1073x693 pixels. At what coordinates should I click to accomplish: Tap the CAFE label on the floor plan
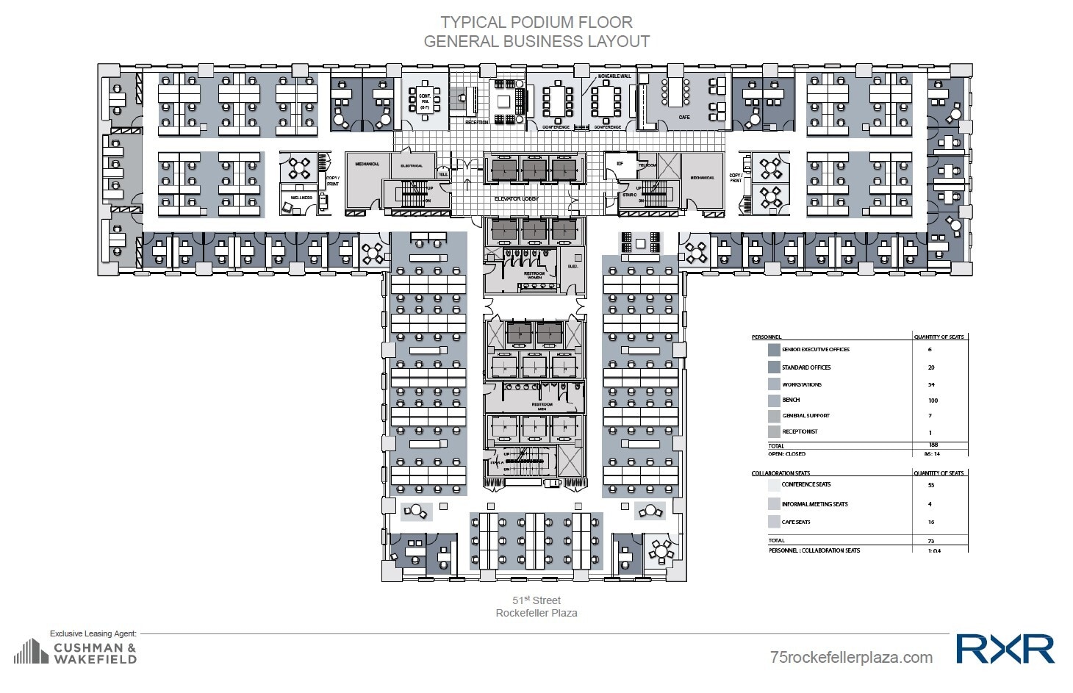683,118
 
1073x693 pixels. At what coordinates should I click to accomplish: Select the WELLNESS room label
301,198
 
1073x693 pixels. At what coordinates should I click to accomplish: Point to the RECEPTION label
476,122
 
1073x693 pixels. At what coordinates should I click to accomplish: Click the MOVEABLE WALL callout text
615,76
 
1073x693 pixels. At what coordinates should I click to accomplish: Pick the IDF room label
620,164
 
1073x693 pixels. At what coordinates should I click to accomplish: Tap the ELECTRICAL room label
412,165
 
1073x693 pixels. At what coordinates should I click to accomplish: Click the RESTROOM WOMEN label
534,275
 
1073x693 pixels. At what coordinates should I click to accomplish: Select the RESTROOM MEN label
542,406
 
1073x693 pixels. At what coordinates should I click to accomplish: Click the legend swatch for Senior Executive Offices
773,350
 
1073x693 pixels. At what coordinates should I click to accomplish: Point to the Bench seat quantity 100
933,401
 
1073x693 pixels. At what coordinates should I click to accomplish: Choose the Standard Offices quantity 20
931,367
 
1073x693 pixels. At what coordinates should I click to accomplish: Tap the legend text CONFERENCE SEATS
806,484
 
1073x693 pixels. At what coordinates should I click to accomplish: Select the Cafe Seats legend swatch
773,522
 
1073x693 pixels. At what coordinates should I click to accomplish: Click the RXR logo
1005,649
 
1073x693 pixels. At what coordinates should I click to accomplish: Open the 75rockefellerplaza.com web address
851,657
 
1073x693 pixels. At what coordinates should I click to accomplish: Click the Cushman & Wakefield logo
76,652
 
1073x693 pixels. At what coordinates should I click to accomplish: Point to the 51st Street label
536,600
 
